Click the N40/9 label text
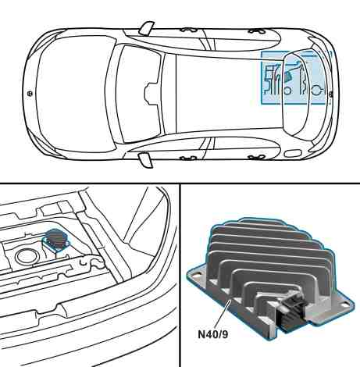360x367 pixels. [x=213, y=334]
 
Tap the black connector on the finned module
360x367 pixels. [x=291, y=309]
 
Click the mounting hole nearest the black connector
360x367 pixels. [x=345, y=304]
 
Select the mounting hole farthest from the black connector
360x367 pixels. [x=198, y=274]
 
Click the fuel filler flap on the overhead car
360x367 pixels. [x=291, y=153]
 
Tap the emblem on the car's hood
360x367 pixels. [x=30, y=93]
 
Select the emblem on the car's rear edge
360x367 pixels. [x=330, y=94]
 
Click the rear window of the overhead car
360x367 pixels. [x=295, y=94]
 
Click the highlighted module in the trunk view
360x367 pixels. [x=56, y=240]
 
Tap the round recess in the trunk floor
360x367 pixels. [x=27, y=256]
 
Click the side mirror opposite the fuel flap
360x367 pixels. [x=147, y=28]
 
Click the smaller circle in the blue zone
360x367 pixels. [x=287, y=91]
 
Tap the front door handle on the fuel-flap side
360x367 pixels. [x=189, y=158]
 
